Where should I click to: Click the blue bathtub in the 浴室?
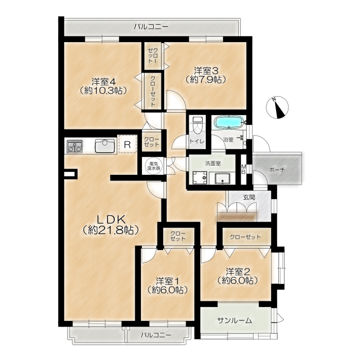click(229, 122)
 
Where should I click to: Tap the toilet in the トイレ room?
click(197, 125)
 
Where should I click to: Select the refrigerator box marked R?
click(128, 145)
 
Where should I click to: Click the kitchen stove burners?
click(75, 147)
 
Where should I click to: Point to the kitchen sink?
click(105, 146)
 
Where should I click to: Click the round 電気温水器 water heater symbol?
click(153, 166)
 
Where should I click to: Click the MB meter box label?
click(243, 169)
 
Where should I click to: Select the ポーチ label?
click(277, 170)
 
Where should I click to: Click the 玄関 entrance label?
click(249, 197)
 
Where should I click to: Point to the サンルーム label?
click(234, 320)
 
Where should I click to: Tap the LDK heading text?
click(111, 220)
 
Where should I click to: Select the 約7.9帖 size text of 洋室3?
click(205, 79)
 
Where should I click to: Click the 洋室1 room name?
click(167, 281)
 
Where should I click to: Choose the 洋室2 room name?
click(238, 272)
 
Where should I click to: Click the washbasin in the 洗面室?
click(223, 178)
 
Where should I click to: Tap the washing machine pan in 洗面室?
click(200, 178)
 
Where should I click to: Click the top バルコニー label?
click(151, 27)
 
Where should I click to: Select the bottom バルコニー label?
click(156, 335)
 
